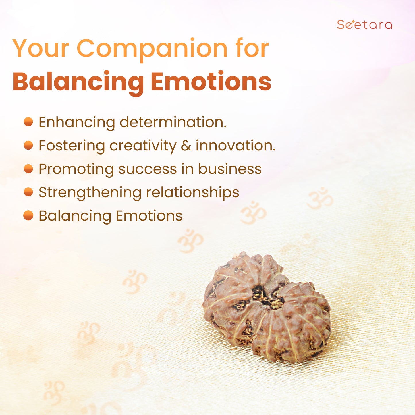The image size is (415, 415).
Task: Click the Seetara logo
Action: coord(364,24)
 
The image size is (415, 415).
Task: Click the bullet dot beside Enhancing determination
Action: coord(28,122)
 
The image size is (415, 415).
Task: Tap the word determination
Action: coord(173,122)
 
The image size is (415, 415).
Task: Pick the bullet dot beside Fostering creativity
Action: coord(28,145)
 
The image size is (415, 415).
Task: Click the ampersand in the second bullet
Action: coord(186,146)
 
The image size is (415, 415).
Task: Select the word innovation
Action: coord(236,146)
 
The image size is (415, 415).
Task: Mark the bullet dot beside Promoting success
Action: coord(28,169)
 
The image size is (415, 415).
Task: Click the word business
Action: coord(230,169)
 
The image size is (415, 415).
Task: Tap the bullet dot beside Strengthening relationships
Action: coord(28,192)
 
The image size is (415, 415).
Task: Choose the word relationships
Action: coord(192,192)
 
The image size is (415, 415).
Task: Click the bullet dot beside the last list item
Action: coord(28,215)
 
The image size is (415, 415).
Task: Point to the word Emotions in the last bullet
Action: coord(149,216)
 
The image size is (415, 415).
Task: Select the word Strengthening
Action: coord(90,193)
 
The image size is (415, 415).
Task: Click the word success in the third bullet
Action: coord(148,169)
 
